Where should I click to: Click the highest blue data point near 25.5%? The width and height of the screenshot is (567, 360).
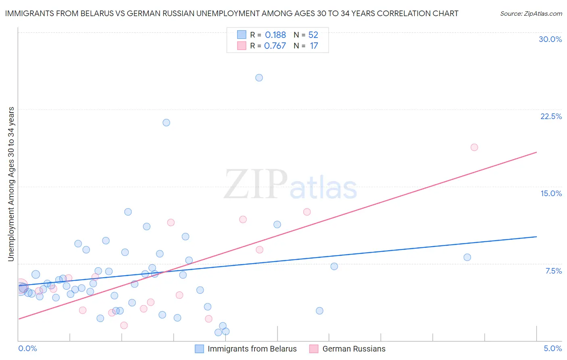[259, 77]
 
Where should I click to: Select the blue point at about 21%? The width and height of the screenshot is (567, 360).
[166, 122]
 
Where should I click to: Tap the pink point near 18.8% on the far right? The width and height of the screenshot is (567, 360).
[474, 147]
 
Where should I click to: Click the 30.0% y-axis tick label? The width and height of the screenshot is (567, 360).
[550, 39]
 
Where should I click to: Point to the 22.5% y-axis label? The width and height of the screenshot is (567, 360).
[551, 116]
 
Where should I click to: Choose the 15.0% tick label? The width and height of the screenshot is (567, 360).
[551, 193]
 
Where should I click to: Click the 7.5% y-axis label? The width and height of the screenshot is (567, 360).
[553, 271]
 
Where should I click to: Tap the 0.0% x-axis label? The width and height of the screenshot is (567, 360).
[27, 348]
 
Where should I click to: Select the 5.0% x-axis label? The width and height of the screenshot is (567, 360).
[552, 348]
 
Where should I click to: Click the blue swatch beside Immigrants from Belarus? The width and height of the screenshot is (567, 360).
[199, 349]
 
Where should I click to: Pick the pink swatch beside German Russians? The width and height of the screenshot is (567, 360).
[314, 349]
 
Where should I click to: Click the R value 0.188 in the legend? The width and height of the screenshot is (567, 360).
[275, 35]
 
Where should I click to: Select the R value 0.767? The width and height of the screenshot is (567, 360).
[275, 46]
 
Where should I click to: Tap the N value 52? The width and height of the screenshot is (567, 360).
[313, 35]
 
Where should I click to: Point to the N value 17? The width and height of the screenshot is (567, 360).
[314, 46]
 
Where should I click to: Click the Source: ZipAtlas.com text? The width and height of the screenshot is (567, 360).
[531, 13]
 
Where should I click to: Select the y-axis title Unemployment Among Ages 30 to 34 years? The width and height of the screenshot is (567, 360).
[11, 184]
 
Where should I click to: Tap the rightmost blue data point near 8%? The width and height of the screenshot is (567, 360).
[467, 257]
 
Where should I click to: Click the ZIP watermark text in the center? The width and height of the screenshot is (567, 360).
[256, 184]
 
